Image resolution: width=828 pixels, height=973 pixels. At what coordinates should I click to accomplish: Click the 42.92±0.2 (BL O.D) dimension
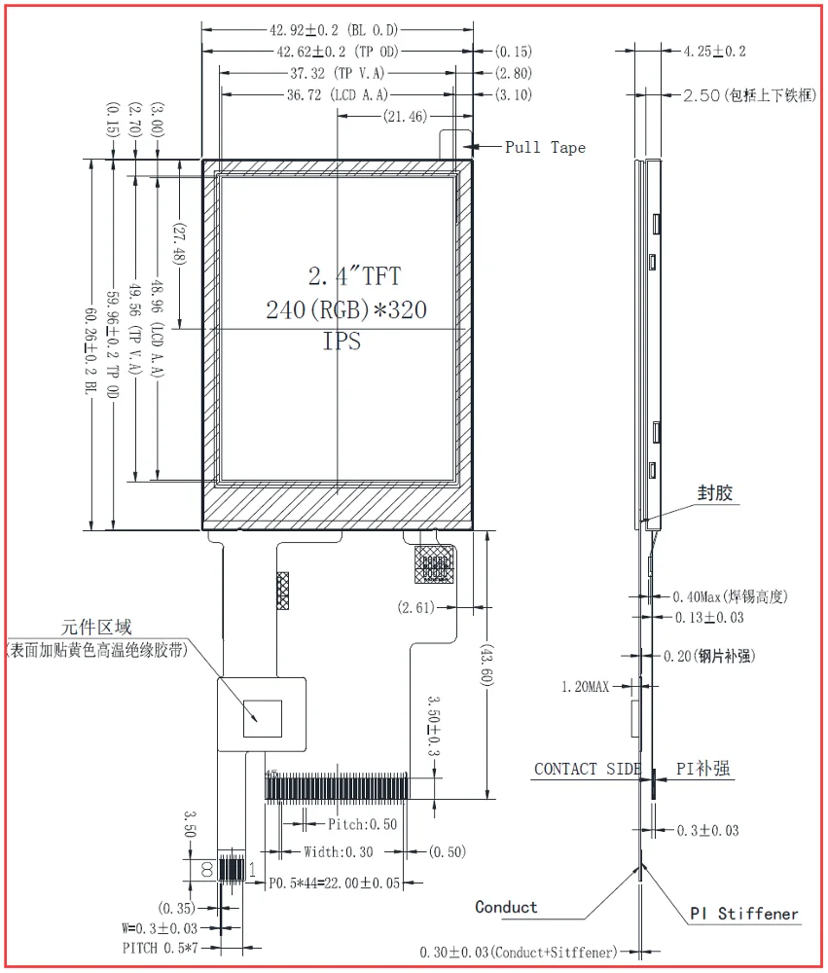(x=337, y=30)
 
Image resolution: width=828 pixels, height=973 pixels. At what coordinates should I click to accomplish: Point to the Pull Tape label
(x=545, y=148)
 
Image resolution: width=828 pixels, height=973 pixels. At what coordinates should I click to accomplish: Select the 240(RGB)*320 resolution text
(x=346, y=309)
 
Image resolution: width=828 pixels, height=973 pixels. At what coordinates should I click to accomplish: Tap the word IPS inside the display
(x=342, y=341)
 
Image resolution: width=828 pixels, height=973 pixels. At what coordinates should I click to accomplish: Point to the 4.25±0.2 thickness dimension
(x=715, y=52)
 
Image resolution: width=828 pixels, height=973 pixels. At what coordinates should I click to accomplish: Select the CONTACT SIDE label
(x=587, y=770)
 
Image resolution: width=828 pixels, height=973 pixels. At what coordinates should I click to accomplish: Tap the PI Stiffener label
(x=744, y=914)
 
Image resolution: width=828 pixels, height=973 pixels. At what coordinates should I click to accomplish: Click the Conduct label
(x=506, y=907)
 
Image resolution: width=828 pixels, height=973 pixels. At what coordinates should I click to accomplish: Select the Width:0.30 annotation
(x=337, y=852)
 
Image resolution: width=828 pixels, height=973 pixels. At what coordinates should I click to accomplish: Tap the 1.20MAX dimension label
(x=585, y=687)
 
